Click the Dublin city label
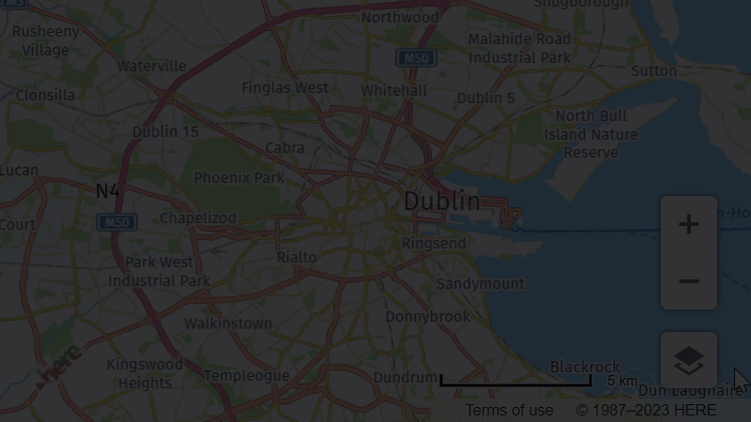441,202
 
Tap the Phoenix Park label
238,177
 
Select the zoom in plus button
689,225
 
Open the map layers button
689,359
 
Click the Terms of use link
509,411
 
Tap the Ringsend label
433,244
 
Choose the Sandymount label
480,283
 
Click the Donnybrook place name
427,317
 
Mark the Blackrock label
585,367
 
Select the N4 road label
108,191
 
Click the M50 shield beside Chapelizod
116,222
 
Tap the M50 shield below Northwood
415,58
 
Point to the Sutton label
653,70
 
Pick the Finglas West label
285,88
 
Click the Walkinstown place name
227,324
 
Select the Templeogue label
246,376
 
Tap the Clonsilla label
45,95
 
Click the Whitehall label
393,91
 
